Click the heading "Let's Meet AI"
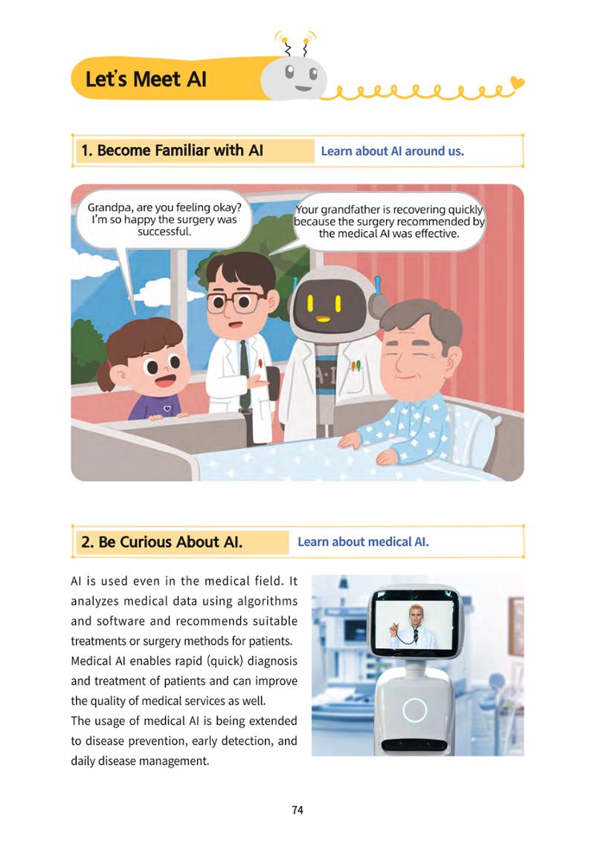pyautogui.click(x=146, y=79)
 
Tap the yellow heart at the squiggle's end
pyautogui.click(x=517, y=82)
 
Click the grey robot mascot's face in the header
pyautogui.click(x=294, y=78)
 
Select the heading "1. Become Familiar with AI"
pyautogui.click(x=172, y=151)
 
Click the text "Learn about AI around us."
pyautogui.click(x=392, y=152)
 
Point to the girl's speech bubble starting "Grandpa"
pyautogui.click(x=164, y=219)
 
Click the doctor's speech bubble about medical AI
pyautogui.click(x=389, y=221)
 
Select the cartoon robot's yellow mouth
pyautogui.click(x=323, y=319)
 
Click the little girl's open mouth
pyautogui.click(x=165, y=380)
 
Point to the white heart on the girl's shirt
pyautogui.click(x=167, y=409)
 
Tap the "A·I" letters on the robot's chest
pyautogui.click(x=324, y=376)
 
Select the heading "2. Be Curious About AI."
pyautogui.click(x=161, y=542)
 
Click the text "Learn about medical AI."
pyautogui.click(x=363, y=542)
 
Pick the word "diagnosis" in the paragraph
pyautogui.click(x=272, y=661)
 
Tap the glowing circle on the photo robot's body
pyautogui.click(x=414, y=710)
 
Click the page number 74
pyautogui.click(x=297, y=810)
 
